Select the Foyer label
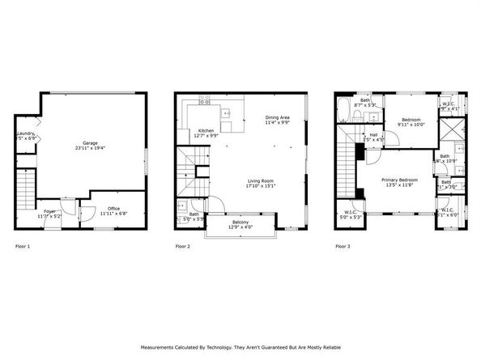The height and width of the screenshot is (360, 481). pyautogui.click(x=50, y=211)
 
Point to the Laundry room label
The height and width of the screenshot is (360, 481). pyautogui.click(x=25, y=133)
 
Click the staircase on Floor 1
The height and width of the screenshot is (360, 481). pyautogui.click(x=27, y=190)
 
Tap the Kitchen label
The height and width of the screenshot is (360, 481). pyautogui.click(x=206, y=131)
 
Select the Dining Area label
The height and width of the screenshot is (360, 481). pyautogui.click(x=278, y=118)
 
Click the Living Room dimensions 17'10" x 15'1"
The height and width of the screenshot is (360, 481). pyautogui.click(x=262, y=185)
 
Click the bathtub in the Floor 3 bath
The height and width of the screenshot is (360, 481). pyautogui.click(x=342, y=108)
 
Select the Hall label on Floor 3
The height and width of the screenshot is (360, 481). pyautogui.click(x=374, y=135)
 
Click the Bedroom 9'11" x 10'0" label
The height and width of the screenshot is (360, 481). pyautogui.click(x=410, y=121)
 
